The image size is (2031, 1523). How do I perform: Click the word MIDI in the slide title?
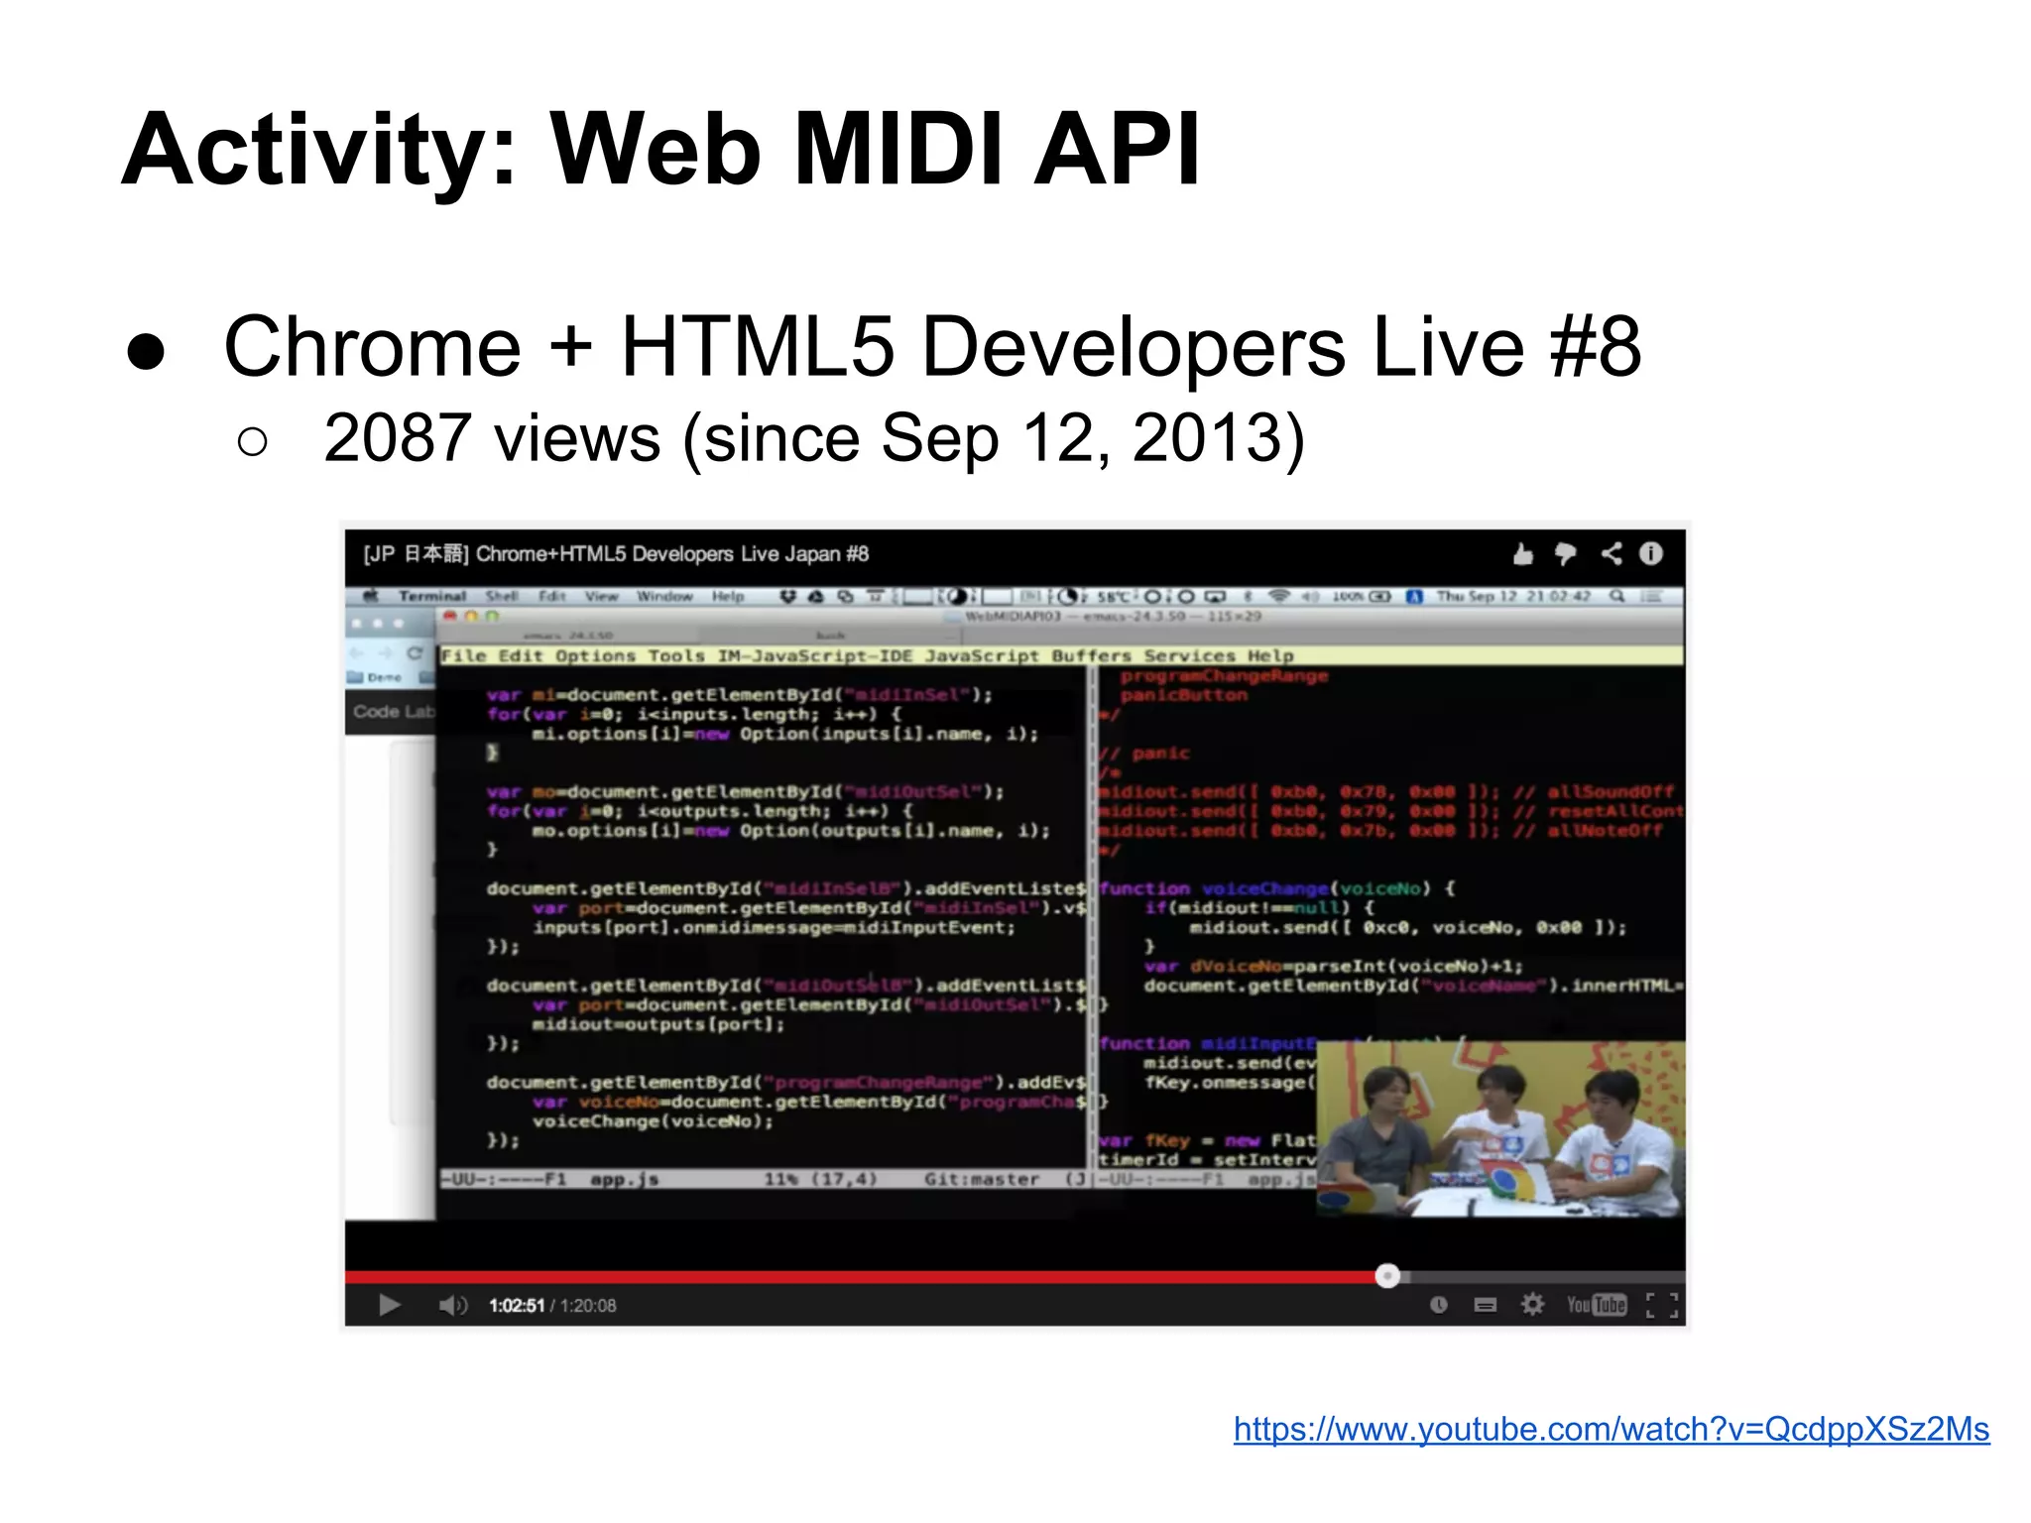click(900, 151)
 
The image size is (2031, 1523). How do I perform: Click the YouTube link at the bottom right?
click(1611, 1429)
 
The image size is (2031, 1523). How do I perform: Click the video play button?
click(390, 1305)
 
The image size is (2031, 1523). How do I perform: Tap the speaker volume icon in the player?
click(452, 1305)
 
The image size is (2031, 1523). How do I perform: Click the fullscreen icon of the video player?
click(1662, 1305)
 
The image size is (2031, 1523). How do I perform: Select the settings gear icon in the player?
click(1532, 1304)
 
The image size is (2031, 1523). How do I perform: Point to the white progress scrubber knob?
click(1387, 1276)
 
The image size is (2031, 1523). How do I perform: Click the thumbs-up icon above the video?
click(1523, 554)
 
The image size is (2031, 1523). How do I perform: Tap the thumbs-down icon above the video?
click(1566, 554)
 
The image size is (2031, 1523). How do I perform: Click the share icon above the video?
click(1612, 553)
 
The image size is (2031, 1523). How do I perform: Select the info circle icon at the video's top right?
click(1651, 553)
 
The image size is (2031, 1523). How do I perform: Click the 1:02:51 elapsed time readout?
click(517, 1306)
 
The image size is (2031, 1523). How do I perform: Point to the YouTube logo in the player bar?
click(1596, 1305)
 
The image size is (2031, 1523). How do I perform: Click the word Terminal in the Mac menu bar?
click(432, 596)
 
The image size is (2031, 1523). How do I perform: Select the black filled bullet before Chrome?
click(147, 352)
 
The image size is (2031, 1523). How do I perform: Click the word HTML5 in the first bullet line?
click(758, 347)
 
